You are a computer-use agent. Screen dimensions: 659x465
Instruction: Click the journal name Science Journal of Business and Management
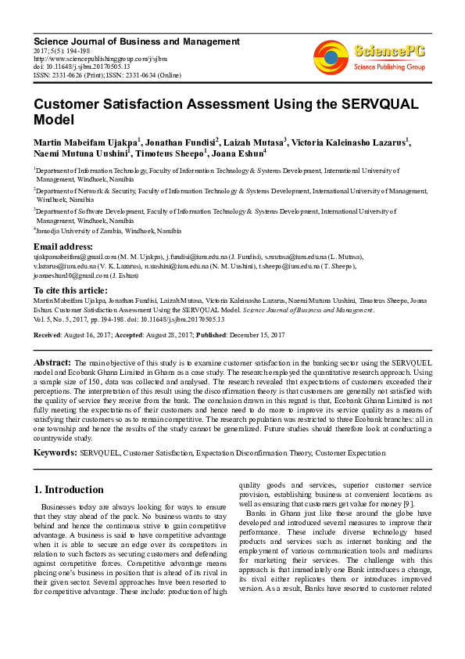pyautogui.click(x=136, y=41)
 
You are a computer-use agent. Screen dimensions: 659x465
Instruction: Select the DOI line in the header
pyautogui.click(x=81, y=67)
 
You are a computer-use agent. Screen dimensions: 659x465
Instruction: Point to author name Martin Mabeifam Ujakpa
pyautogui.click(x=85, y=142)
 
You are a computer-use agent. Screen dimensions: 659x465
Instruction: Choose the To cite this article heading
pyautogui.click(x=71, y=290)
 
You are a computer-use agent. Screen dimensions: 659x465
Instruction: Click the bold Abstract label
pyautogui.click(x=52, y=363)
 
